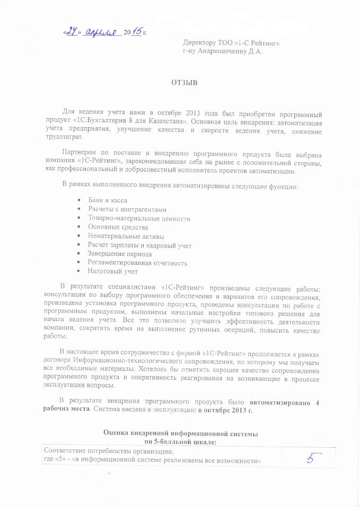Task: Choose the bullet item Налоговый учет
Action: click(113, 272)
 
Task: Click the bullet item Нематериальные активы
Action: click(126, 236)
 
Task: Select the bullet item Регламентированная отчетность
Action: click(137, 263)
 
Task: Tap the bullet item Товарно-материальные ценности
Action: click(139, 218)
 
